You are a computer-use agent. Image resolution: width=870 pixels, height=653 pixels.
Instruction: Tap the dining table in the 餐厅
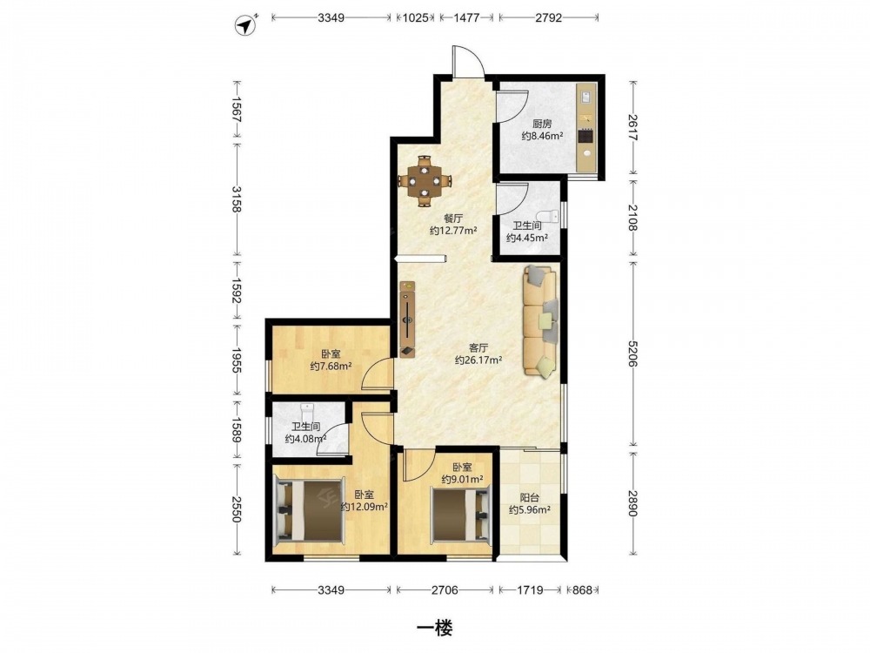click(x=425, y=181)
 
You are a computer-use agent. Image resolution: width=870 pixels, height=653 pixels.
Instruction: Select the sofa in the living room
click(x=539, y=322)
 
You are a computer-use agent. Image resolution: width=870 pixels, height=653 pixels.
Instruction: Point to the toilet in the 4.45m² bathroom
click(x=547, y=215)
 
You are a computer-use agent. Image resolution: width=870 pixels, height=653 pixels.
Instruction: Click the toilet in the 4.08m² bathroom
click(x=307, y=412)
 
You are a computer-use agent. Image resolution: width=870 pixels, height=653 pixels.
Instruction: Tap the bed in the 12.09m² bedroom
click(x=310, y=510)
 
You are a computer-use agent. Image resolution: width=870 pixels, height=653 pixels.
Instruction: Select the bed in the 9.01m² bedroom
click(x=462, y=514)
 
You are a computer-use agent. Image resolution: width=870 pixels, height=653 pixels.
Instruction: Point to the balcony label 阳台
click(x=529, y=498)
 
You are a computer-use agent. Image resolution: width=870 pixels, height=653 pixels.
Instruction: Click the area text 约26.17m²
click(x=478, y=360)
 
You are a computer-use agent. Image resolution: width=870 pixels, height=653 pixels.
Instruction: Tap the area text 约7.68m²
click(x=331, y=366)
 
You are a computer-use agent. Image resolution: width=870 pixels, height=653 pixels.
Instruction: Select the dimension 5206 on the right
click(x=633, y=353)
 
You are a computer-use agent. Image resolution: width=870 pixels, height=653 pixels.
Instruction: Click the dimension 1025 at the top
click(x=415, y=17)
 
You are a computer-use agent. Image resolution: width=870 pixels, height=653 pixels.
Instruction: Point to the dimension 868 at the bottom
click(x=582, y=589)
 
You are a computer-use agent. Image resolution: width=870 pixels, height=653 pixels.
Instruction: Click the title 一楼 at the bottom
click(x=434, y=628)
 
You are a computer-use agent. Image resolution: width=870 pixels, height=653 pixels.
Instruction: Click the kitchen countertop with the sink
click(x=586, y=127)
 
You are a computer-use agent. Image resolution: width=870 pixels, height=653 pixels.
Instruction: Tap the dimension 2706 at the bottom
click(x=445, y=589)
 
